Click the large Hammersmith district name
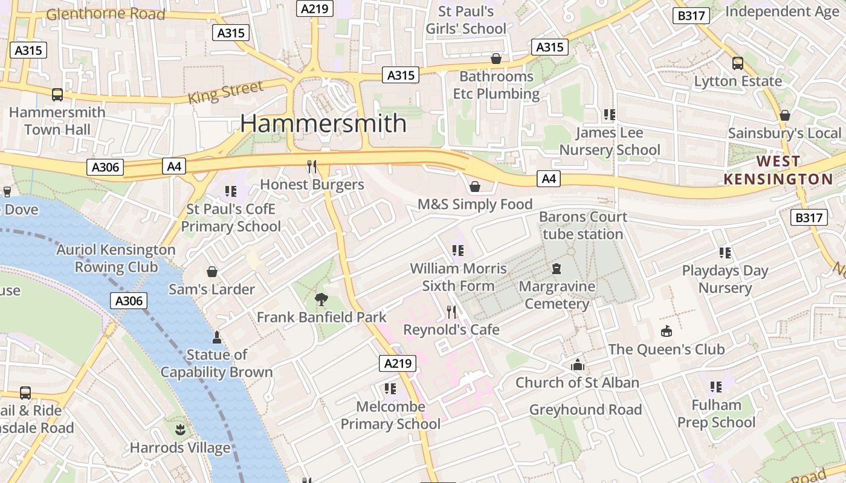click(x=323, y=123)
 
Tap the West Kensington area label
click(x=778, y=170)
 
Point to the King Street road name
click(x=225, y=93)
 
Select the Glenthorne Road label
click(x=106, y=14)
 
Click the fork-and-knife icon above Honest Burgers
click(x=312, y=167)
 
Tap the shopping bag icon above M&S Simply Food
click(x=475, y=187)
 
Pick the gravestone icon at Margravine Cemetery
click(x=557, y=269)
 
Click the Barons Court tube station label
click(x=583, y=225)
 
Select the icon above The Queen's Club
click(x=666, y=331)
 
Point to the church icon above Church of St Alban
click(x=578, y=365)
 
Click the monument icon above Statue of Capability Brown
click(x=217, y=336)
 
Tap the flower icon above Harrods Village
click(x=179, y=430)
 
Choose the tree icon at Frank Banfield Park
click(x=321, y=299)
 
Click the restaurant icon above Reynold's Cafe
click(x=451, y=312)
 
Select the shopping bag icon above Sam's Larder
click(x=211, y=272)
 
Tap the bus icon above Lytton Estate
click(x=737, y=63)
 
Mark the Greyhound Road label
click(x=585, y=410)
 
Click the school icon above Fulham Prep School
click(x=716, y=386)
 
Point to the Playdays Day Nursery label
click(x=725, y=279)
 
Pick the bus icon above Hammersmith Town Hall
click(x=57, y=95)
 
